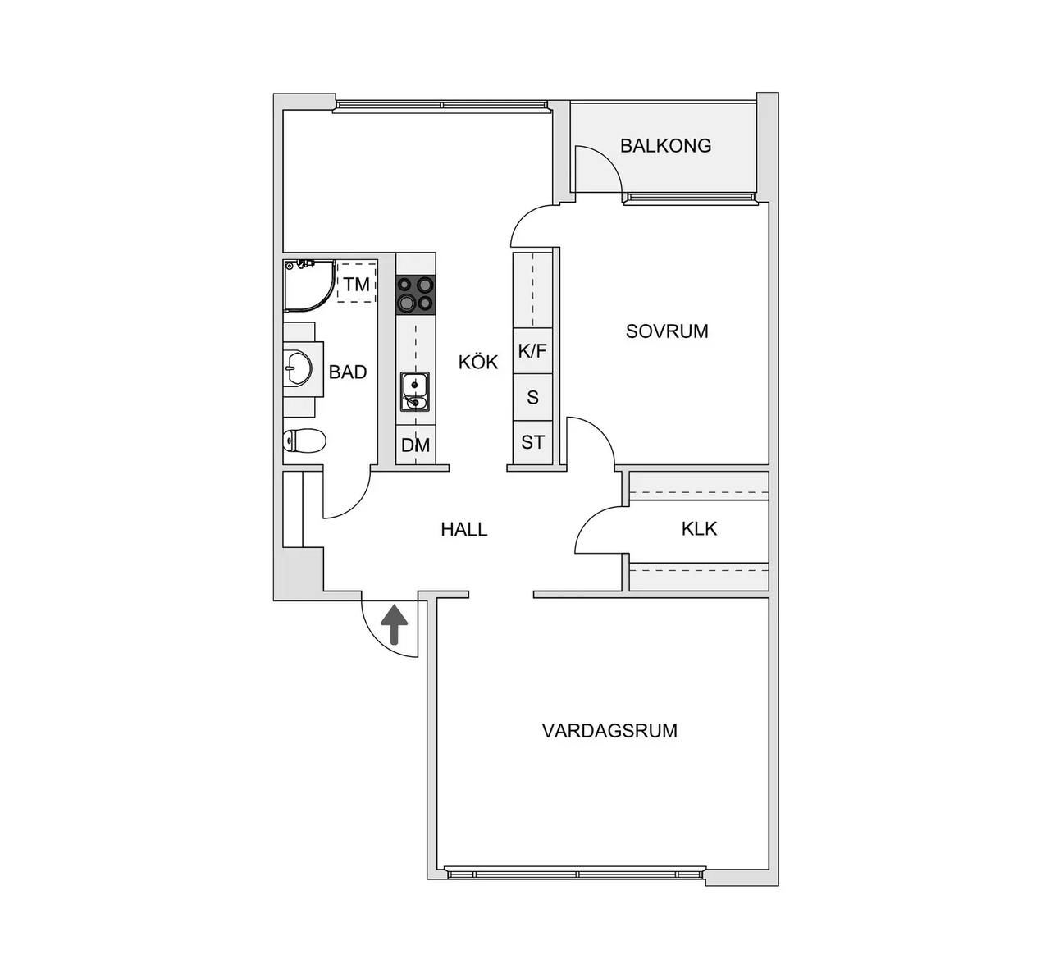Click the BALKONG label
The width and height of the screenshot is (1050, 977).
pyautogui.click(x=665, y=145)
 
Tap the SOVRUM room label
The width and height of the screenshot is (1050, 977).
pyautogui.click(x=667, y=331)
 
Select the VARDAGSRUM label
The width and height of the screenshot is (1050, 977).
pyautogui.click(x=609, y=731)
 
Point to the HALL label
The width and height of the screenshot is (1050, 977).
pyautogui.click(x=464, y=529)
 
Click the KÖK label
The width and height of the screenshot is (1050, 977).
pyautogui.click(x=478, y=362)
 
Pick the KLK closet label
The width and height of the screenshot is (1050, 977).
pyautogui.click(x=699, y=528)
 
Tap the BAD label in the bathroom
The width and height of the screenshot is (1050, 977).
pyautogui.click(x=348, y=372)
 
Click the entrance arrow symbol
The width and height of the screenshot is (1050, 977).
pyautogui.click(x=395, y=625)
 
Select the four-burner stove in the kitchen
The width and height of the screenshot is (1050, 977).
pyautogui.click(x=416, y=294)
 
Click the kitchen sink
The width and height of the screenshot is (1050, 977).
pyautogui.click(x=415, y=392)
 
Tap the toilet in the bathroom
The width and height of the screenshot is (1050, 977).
pyautogui.click(x=304, y=441)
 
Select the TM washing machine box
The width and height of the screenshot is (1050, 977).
pyautogui.click(x=357, y=282)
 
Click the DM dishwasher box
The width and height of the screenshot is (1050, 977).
pyautogui.click(x=416, y=445)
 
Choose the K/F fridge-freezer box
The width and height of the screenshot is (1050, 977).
pyautogui.click(x=533, y=351)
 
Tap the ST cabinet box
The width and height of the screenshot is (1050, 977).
pyautogui.click(x=533, y=443)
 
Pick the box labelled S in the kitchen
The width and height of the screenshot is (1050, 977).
pyautogui.click(x=533, y=397)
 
